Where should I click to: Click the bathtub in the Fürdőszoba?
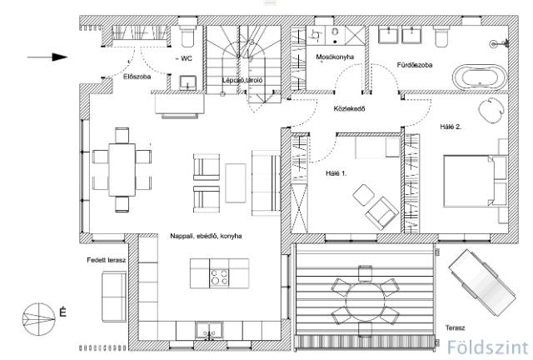[479, 77]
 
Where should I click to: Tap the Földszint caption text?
[488, 347]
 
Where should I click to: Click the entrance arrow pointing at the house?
[47, 57]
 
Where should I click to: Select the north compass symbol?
[39, 319]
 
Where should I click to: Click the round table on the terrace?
[365, 301]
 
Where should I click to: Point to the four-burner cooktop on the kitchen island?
[219, 277]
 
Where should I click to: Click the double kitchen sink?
[209, 330]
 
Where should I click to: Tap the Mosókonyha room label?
[335, 57]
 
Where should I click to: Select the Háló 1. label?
[336, 173]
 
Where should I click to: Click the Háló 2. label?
[451, 127]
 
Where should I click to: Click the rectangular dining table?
[122, 170]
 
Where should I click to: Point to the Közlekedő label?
[349, 109]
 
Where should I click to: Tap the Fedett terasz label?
[106, 260]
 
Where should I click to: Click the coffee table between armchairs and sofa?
[236, 183]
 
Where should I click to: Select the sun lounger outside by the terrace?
[482, 282]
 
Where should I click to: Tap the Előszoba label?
[137, 77]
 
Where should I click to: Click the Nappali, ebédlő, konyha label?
[206, 236]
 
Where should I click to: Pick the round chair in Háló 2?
[491, 110]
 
